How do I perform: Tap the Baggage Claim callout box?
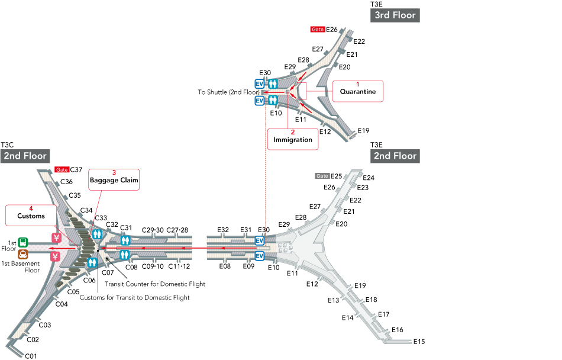click(x=114, y=179)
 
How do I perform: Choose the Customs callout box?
click(x=31, y=216)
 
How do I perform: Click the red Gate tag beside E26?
click(x=317, y=29)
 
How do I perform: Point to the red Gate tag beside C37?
click(x=62, y=169)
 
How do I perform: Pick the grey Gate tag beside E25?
click(x=322, y=176)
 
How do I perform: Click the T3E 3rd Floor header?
click(x=395, y=15)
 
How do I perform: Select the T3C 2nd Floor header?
click(x=24, y=156)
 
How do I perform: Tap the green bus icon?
click(x=22, y=242)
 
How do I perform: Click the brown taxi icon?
click(x=22, y=255)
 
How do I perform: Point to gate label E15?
click(x=419, y=342)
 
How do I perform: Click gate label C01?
click(x=31, y=356)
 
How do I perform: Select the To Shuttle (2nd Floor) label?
click(x=228, y=92)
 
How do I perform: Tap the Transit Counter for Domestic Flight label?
click(x=155, y=284)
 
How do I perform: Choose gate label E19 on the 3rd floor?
click(x=363, y=130)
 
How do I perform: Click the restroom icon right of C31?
click(x=125, y=240)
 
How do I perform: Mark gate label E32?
click(x=223, y=230)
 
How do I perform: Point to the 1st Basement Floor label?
click(x=20, y=266)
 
